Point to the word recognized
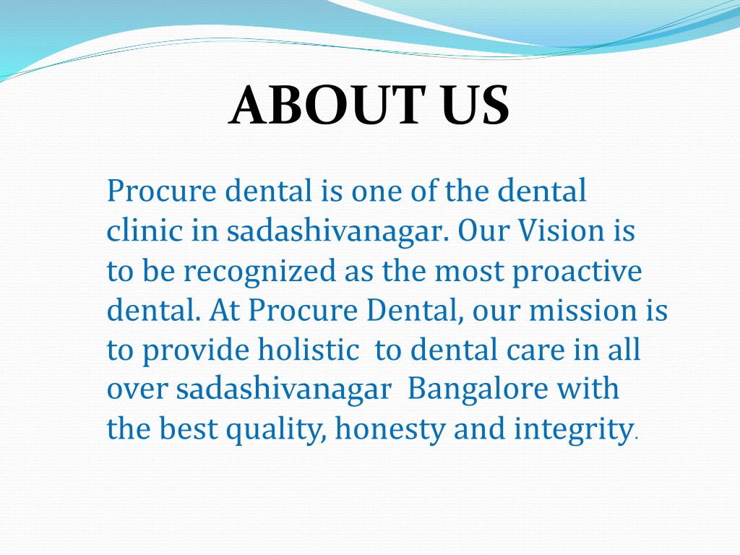(x=259, y=272)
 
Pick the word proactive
(x=577, y=272)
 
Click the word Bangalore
(x=477, y=390)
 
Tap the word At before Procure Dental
(x=224, y=310)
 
